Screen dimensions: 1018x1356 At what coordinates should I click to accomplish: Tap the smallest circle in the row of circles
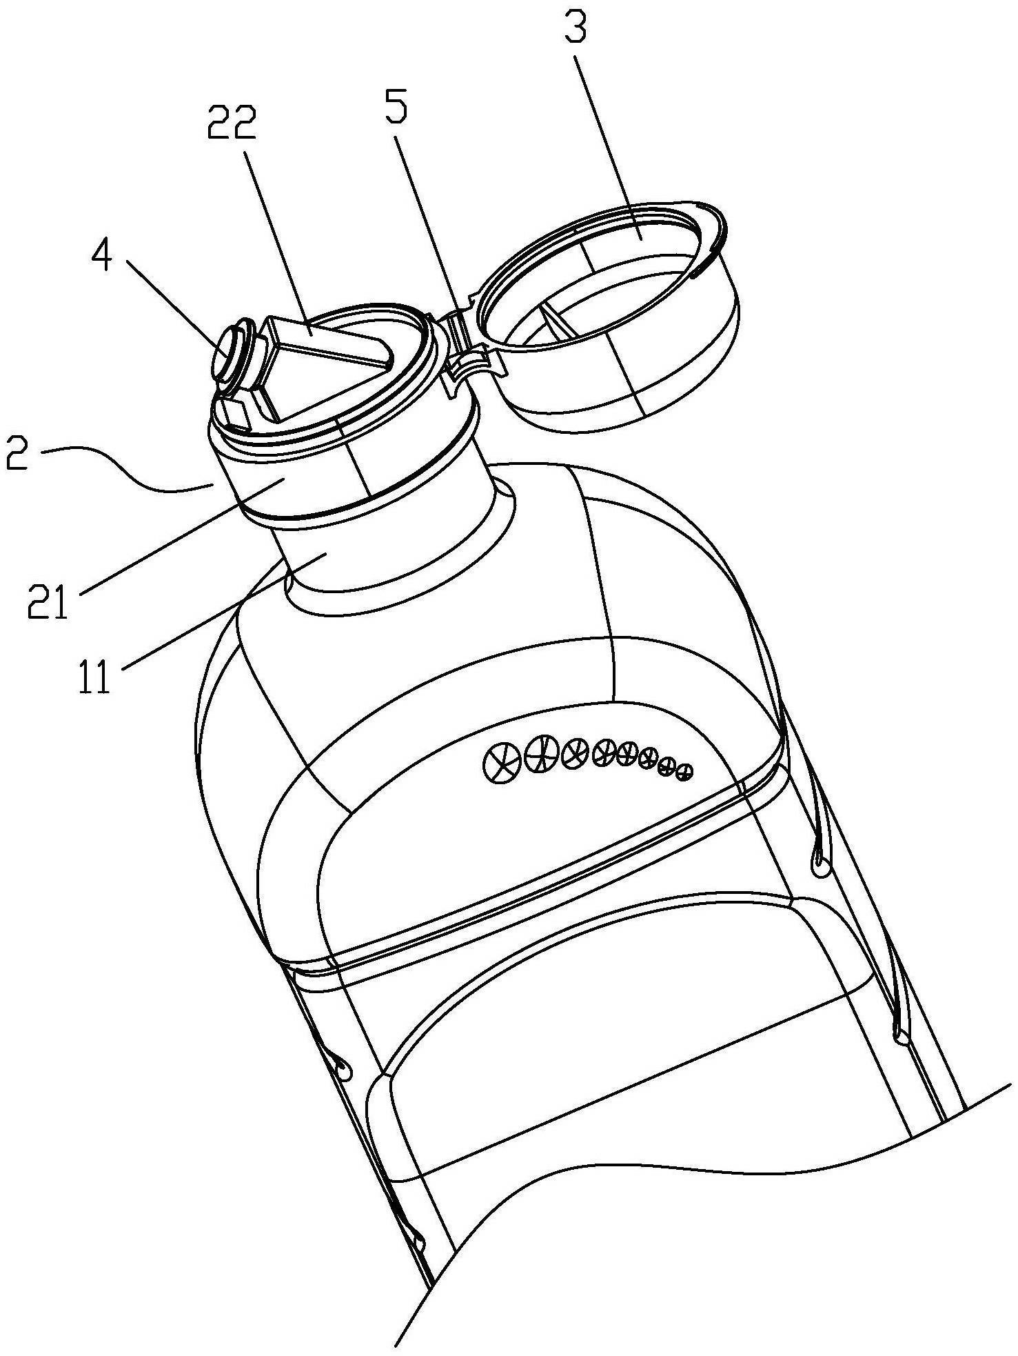click(x=683, y=772)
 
